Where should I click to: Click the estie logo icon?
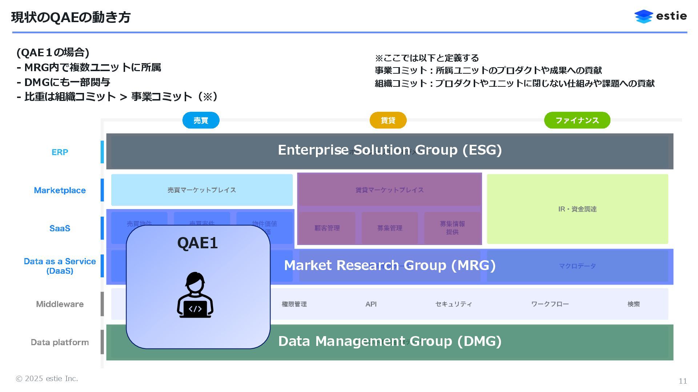643,16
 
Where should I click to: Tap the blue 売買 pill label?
201,120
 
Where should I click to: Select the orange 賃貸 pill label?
388,120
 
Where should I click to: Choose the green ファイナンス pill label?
577,120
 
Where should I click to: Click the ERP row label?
60,152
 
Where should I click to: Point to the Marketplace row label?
60,190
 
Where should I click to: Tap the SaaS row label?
60,228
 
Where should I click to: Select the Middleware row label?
60,304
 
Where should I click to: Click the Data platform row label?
60,342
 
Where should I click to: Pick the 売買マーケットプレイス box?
202,190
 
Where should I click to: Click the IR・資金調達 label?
577,209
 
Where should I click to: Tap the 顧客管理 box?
327,228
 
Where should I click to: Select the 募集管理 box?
389,228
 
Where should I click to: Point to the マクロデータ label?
577,266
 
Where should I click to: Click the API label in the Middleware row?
371,304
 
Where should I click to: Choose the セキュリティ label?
453,304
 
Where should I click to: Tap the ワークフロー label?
550,304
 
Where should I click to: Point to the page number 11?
683,381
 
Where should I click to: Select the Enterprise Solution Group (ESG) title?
390,150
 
